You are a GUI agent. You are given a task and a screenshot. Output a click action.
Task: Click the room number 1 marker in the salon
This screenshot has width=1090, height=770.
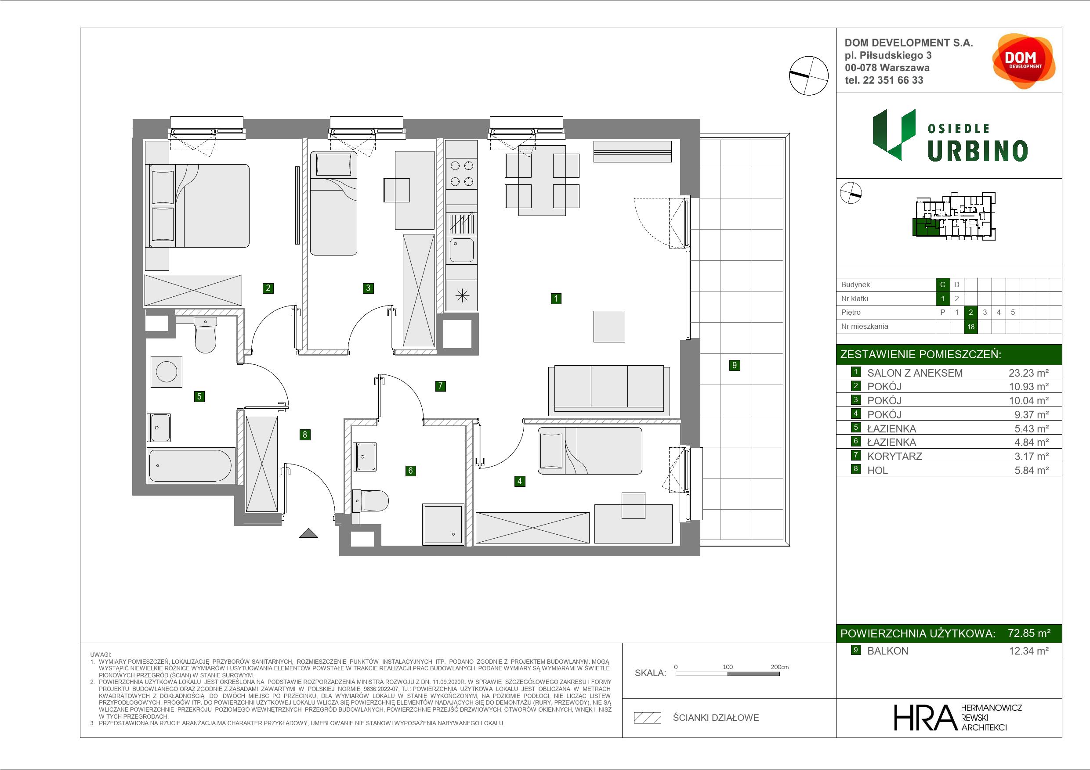(x=556, y=299)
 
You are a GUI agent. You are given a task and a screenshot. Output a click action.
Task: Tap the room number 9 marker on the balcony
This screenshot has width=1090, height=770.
(x=735, y=365)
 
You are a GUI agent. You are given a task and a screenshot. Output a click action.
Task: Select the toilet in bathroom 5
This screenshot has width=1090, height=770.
(x=206, y=335)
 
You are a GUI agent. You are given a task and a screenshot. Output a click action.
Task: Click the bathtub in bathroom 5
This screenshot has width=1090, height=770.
(x=190, y=465)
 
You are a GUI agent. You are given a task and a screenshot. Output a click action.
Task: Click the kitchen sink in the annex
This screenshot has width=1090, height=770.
(x=461, y=250)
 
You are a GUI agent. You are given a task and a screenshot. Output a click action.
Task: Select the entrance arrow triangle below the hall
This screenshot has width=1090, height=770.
(x=308, y=533)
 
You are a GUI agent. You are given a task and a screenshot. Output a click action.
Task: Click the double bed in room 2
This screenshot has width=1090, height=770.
(x=199, y=206)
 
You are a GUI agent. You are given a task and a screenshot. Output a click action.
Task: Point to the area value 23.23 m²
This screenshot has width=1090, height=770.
(x=1028, y=373)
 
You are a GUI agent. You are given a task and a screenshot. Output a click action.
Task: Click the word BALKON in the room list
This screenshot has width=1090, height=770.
(x=887, y=651)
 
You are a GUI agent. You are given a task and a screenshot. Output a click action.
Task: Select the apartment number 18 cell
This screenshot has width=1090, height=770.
(x=970, y=327)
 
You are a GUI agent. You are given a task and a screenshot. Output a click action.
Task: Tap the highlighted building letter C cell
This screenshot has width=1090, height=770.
(x=942, y=284)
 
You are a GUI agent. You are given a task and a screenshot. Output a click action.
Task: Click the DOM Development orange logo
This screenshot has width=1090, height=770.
(x=1024, y=61)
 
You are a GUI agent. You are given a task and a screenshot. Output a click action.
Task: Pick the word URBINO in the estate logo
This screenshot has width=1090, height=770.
(x=978, y=151)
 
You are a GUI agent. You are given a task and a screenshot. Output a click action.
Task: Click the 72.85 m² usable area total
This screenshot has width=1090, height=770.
(x=1029, y=633)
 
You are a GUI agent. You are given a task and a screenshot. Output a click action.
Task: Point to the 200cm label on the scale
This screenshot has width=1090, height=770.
(x=779, y=666)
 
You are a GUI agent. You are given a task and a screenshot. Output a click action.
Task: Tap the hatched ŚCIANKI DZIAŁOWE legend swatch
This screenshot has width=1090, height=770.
(x=648, y=718)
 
